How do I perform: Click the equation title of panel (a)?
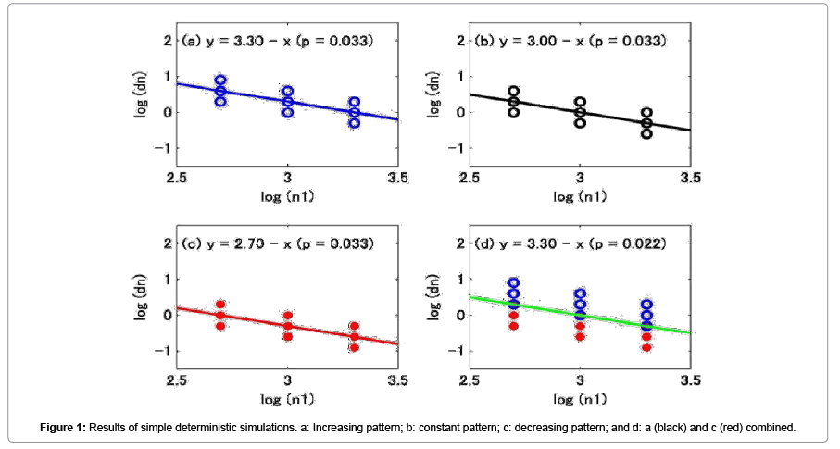(x=278, y=42)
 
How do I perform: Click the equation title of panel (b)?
(x=569, y=42)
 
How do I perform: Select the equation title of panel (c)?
(x=278, y=243)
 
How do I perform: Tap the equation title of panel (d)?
(x=569, y=243)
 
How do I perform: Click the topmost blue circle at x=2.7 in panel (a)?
(x=220, y=81)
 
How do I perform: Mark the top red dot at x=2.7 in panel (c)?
(x=220, y=304)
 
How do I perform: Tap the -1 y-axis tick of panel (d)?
(x=454, y=349)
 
